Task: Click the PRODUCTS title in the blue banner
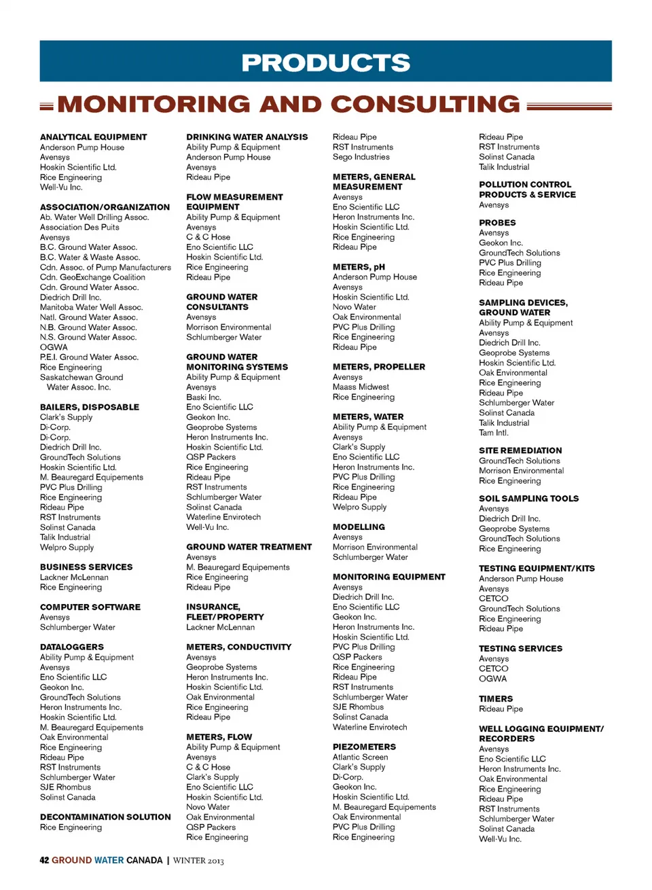(326, 63)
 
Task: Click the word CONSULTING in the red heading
(425, 105)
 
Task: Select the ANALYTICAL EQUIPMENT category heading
(93, 137)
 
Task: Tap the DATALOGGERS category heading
(71, 647)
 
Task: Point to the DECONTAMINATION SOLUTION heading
(105, 817)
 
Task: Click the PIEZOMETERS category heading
(364, 747)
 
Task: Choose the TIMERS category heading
(496, 699)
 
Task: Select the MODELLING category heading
(359, 527)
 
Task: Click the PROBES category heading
(497, 223)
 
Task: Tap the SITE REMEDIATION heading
(520, 450)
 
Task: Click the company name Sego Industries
(361, 157)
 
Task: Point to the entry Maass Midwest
(361, 387)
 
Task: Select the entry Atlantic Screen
(360, 758)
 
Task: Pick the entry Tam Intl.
(493, 433)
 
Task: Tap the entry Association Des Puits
(79, 228)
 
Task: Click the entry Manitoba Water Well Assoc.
(91, 308)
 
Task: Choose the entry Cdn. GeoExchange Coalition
(92, 277)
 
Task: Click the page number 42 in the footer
(44, 861)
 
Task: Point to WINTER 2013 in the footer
(198, 861)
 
